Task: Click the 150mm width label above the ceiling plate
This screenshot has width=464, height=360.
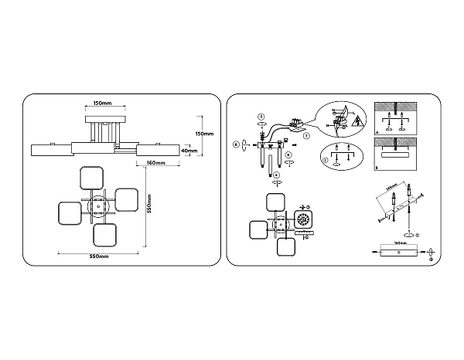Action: click(x=101, y=104)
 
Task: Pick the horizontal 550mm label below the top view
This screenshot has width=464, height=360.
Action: click(x=99, y=255)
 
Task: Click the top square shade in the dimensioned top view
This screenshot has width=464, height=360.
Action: click(x=92, y=178)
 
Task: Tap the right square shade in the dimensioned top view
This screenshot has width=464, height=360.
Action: click(x=126, y=201)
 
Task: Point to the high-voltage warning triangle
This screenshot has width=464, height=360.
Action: click(x=358, y=122)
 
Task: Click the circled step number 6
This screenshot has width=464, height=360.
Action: click(x=236, y=143)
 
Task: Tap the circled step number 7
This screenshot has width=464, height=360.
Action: click(x=306, y=136)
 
